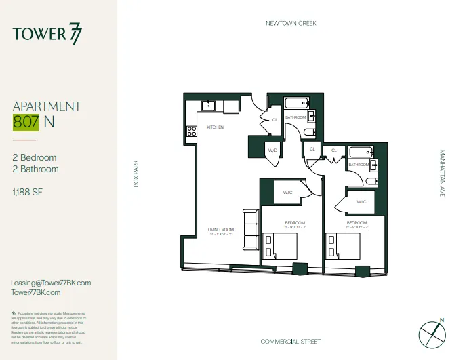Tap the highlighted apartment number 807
tap(26, 122)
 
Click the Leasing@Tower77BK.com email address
tap(52, 283)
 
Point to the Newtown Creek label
tap(291, 23)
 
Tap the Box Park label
tap(136, 174)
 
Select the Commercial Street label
tap(291, 341)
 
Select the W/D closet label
tap(272, 151)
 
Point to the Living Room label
tap(220, 231)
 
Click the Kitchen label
tap(215, 127)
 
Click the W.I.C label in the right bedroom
tap(361, 201)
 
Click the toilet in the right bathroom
tap(370, 180)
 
